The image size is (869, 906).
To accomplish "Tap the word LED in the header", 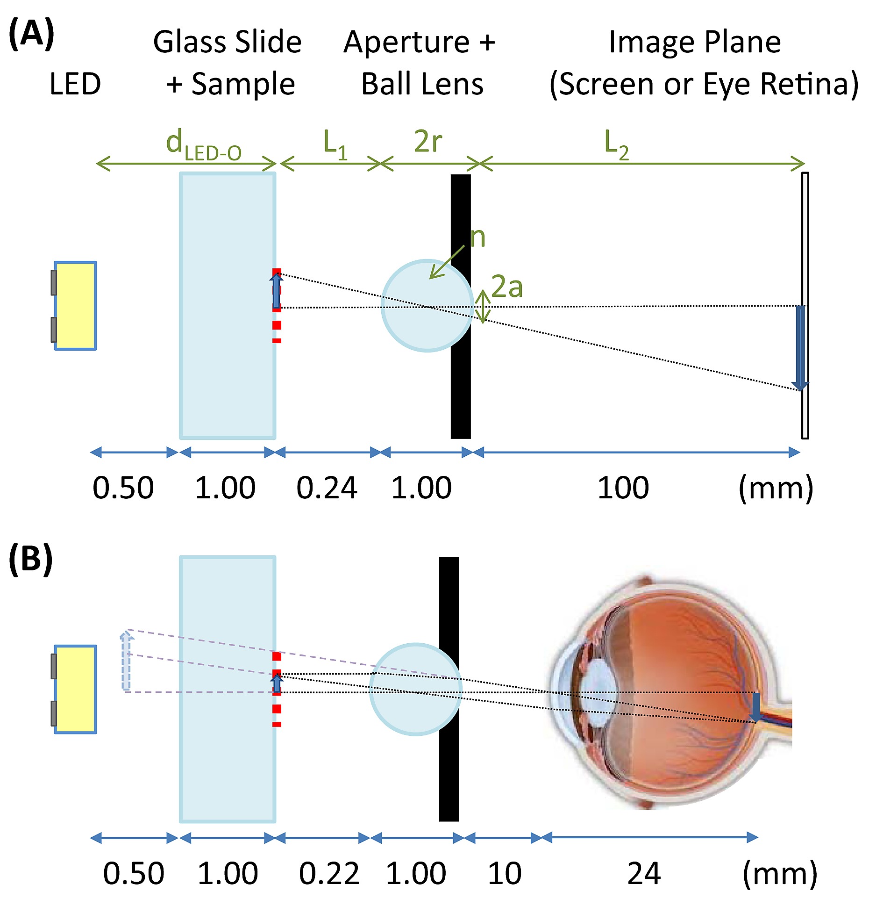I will (75, 84).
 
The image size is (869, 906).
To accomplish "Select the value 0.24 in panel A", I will (327, 488).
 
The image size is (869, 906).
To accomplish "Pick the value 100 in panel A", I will (623, 488).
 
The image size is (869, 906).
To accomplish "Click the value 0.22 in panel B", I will (329, 873).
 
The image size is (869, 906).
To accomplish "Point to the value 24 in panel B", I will (644, 873).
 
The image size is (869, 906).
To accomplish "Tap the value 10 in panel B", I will (505, 873).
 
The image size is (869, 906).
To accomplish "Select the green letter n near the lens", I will (477, 237).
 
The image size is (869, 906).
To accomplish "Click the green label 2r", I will (427, 141).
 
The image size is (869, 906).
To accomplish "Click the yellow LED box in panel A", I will (75, 305).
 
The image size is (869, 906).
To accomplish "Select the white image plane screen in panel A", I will (805, 234).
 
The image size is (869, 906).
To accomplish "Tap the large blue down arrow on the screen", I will (800, 348).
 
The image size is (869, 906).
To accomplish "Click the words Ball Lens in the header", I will (422, 84).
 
